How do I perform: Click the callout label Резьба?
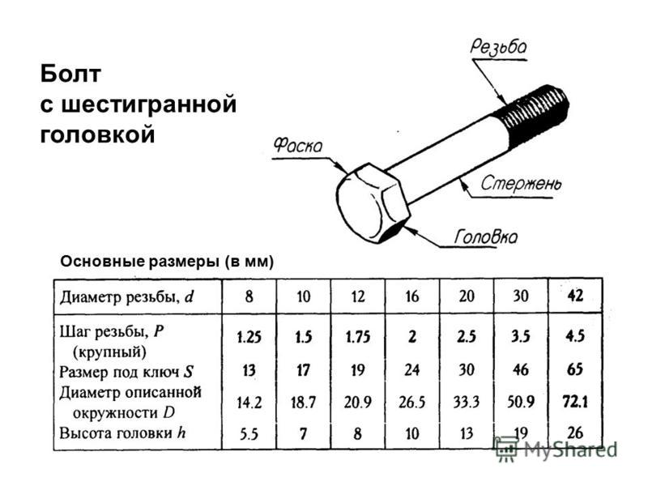point(498,47)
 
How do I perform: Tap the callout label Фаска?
point(297,145)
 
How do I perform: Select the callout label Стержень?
point(521,183)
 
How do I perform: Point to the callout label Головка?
point(485,237)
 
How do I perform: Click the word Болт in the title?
point(70,74)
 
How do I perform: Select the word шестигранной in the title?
point(149,104)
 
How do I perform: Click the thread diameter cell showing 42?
point(575,296)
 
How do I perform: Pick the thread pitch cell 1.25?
point(249,337)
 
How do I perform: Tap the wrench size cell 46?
point(520,369)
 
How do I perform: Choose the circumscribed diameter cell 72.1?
point(575,401)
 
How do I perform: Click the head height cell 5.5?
point(249,433)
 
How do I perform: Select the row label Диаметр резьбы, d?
point(127,296)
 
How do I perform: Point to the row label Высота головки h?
point(122,433)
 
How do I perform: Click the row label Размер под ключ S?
point(126,372)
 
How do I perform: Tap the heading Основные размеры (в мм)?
point(167,262)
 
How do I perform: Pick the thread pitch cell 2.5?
point(467,337)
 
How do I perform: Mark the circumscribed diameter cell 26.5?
point(411,402)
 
